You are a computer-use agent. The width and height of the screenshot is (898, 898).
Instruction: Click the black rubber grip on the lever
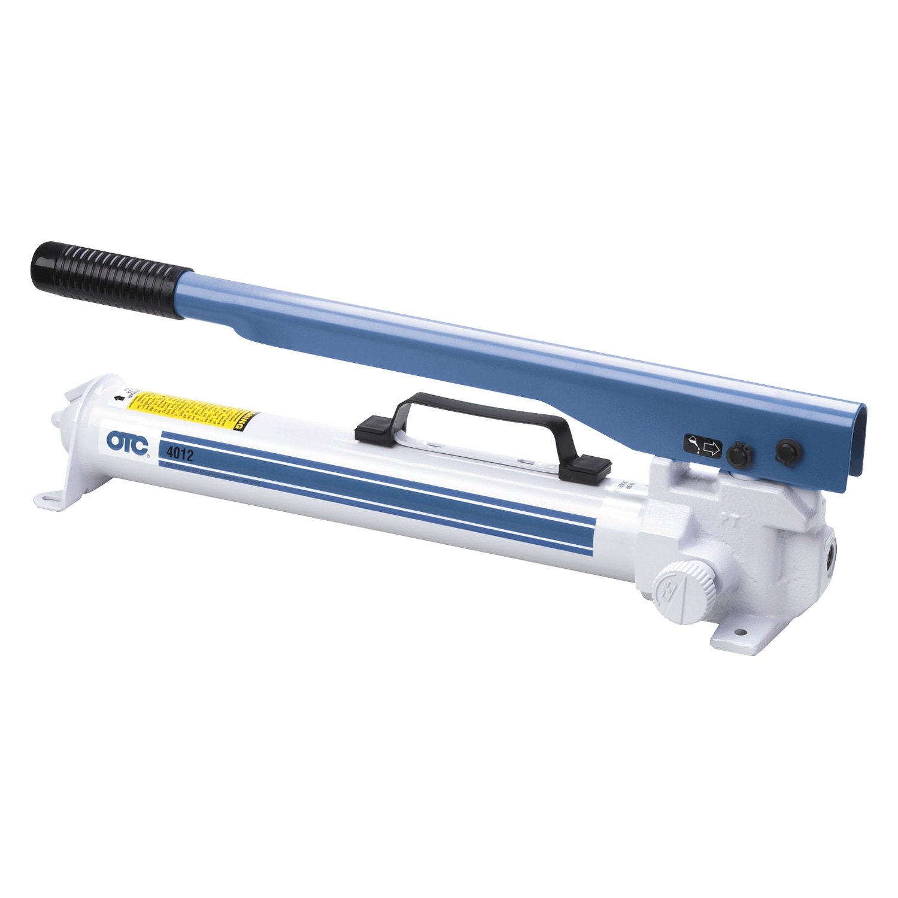point(111,280)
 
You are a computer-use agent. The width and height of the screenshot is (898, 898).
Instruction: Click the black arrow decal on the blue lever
point(703,447)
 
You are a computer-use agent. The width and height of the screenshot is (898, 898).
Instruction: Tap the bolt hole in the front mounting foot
point(742,632)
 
